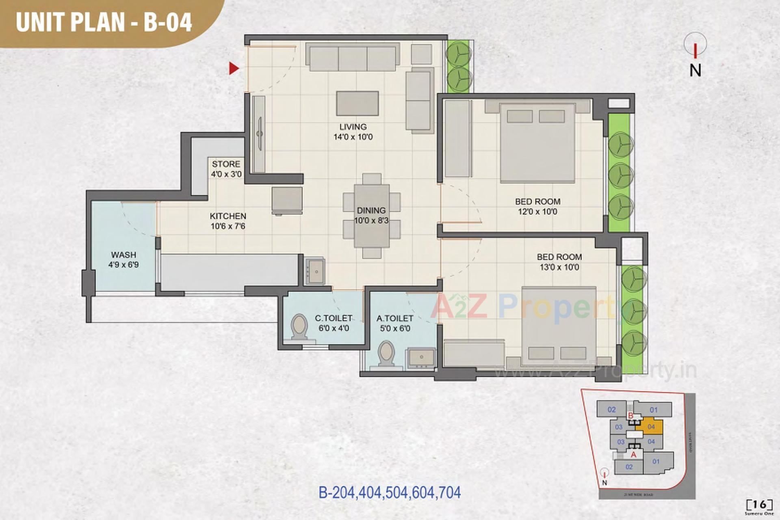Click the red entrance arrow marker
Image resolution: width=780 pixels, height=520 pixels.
[233, 68]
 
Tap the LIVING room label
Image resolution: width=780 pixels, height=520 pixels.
[353, 127]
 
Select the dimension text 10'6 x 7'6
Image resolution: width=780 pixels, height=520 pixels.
[227, 226]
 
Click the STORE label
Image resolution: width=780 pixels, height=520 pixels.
[226, 164]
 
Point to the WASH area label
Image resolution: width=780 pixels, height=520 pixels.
[123, 255]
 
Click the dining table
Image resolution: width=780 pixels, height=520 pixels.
[371, 216]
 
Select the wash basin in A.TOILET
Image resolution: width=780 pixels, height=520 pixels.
[422, 358]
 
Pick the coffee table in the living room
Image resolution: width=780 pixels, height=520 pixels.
[357, 103]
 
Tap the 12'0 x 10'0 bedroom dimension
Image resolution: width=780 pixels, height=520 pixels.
[537, 212]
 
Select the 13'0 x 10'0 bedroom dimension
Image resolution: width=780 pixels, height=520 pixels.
[559, 267]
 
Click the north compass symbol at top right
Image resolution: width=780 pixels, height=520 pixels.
[695, 45]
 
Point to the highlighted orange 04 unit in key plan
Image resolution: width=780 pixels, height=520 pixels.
[650, 427]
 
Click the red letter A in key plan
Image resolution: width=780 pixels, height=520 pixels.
[633, 455]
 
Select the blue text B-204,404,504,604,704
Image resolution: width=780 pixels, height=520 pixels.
[390, 493]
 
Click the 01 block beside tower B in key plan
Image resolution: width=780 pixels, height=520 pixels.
[653, 409]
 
